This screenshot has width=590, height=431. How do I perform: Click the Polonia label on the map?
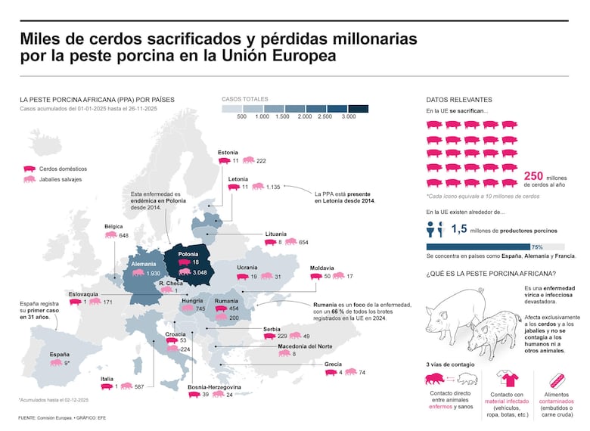coord(188,253)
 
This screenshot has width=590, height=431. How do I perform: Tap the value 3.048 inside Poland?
coord(200,271)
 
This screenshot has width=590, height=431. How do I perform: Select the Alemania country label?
coord(144,262)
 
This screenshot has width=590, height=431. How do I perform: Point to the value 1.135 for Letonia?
coord(273,186)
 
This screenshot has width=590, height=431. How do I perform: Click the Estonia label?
coord(228,152)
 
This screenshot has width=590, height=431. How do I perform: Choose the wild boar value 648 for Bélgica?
coord(123,235)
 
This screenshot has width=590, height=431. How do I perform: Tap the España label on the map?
coord(60,353)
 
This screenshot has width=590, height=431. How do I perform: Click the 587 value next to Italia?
coord(138,386)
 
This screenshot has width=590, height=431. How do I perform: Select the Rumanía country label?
coord(226,300)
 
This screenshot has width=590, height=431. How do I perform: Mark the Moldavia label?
coord(322,267)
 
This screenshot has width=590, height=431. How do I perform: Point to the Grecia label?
coord(333,364)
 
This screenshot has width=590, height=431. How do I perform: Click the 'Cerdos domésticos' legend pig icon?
coord(29,169)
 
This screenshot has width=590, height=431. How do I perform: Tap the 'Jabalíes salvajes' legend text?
coord(61,179)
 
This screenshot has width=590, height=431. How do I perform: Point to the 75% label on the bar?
coord(537,247)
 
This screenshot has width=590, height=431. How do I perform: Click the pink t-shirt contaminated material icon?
coord(505,378)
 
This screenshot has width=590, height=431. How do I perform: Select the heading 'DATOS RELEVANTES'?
coord(458,99)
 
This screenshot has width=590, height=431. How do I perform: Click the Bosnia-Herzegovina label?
coord(214,386)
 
